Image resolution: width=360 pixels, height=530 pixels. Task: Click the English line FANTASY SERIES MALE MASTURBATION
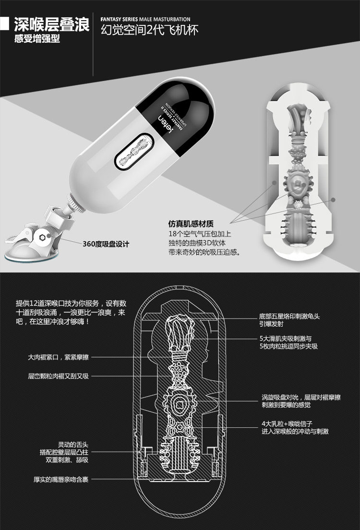(x=145, y=20)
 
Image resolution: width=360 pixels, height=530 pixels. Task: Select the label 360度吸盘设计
(x=106, y=244)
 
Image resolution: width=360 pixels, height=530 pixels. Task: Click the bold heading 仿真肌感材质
(x=191, y=224)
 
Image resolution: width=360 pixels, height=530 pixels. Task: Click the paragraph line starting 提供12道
(x=71, y=303)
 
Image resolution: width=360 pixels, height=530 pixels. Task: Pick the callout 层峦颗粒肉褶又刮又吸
(x=58, y=376)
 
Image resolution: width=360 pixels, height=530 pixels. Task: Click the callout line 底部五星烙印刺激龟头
(x=296, y=317)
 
